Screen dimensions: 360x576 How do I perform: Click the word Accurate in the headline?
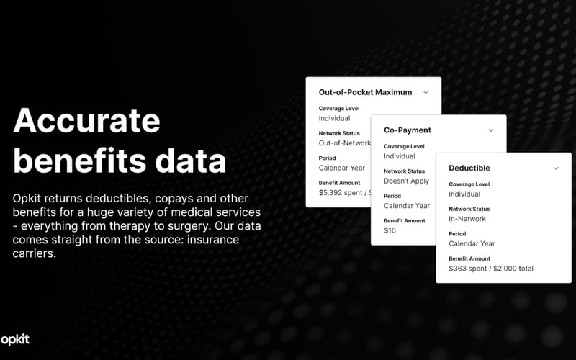click(86, 120)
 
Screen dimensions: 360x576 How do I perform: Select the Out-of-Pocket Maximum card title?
click(365, 92)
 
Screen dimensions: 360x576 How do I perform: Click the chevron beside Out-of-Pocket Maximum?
click(426, 92)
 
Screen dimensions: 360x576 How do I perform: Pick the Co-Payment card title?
click(407, 130)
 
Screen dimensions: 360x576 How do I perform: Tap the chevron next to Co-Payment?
click(491, 130)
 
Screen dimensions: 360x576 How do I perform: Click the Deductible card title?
click(469, 168)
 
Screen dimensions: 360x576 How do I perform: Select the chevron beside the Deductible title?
click(556, 168)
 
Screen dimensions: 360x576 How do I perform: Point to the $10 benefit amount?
click(390, 230)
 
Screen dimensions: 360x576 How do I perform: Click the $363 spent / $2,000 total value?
click(490, 269)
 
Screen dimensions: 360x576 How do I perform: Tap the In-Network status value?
click(467, 219)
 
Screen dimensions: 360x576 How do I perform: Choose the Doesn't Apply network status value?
click(406, 181)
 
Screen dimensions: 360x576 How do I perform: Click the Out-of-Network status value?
click(345, 143)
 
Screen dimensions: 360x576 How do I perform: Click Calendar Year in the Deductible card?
click(472, 243)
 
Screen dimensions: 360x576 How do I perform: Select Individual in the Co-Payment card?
click(399, 156)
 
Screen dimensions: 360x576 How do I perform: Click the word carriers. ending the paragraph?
click(34, 253)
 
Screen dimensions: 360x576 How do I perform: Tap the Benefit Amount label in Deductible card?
click(469, 258)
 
